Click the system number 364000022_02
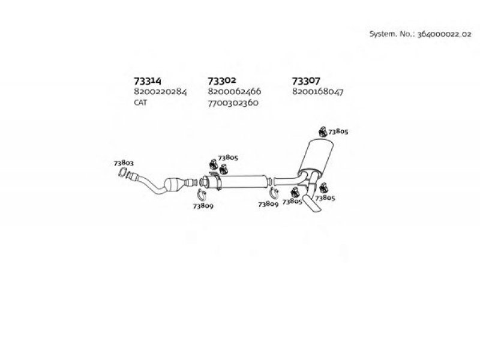pos(445,34)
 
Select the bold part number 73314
pos(148,81)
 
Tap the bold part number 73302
pos(222,80)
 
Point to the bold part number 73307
pos(306,81)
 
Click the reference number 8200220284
pos(160,92)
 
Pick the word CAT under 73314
pos(140,102)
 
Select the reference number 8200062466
pos(235,91)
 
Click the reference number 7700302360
pos(233,103)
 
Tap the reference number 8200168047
pos(318,92)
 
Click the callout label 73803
pos(124,163)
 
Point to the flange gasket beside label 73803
pos(122,172)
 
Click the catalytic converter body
pos(175,185)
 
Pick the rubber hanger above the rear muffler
pos(323,131)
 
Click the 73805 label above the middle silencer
pos(228,158)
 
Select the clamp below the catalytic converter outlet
pos(202,194)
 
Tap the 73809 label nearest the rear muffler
pos(268,204)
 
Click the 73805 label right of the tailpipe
pos(325,198)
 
